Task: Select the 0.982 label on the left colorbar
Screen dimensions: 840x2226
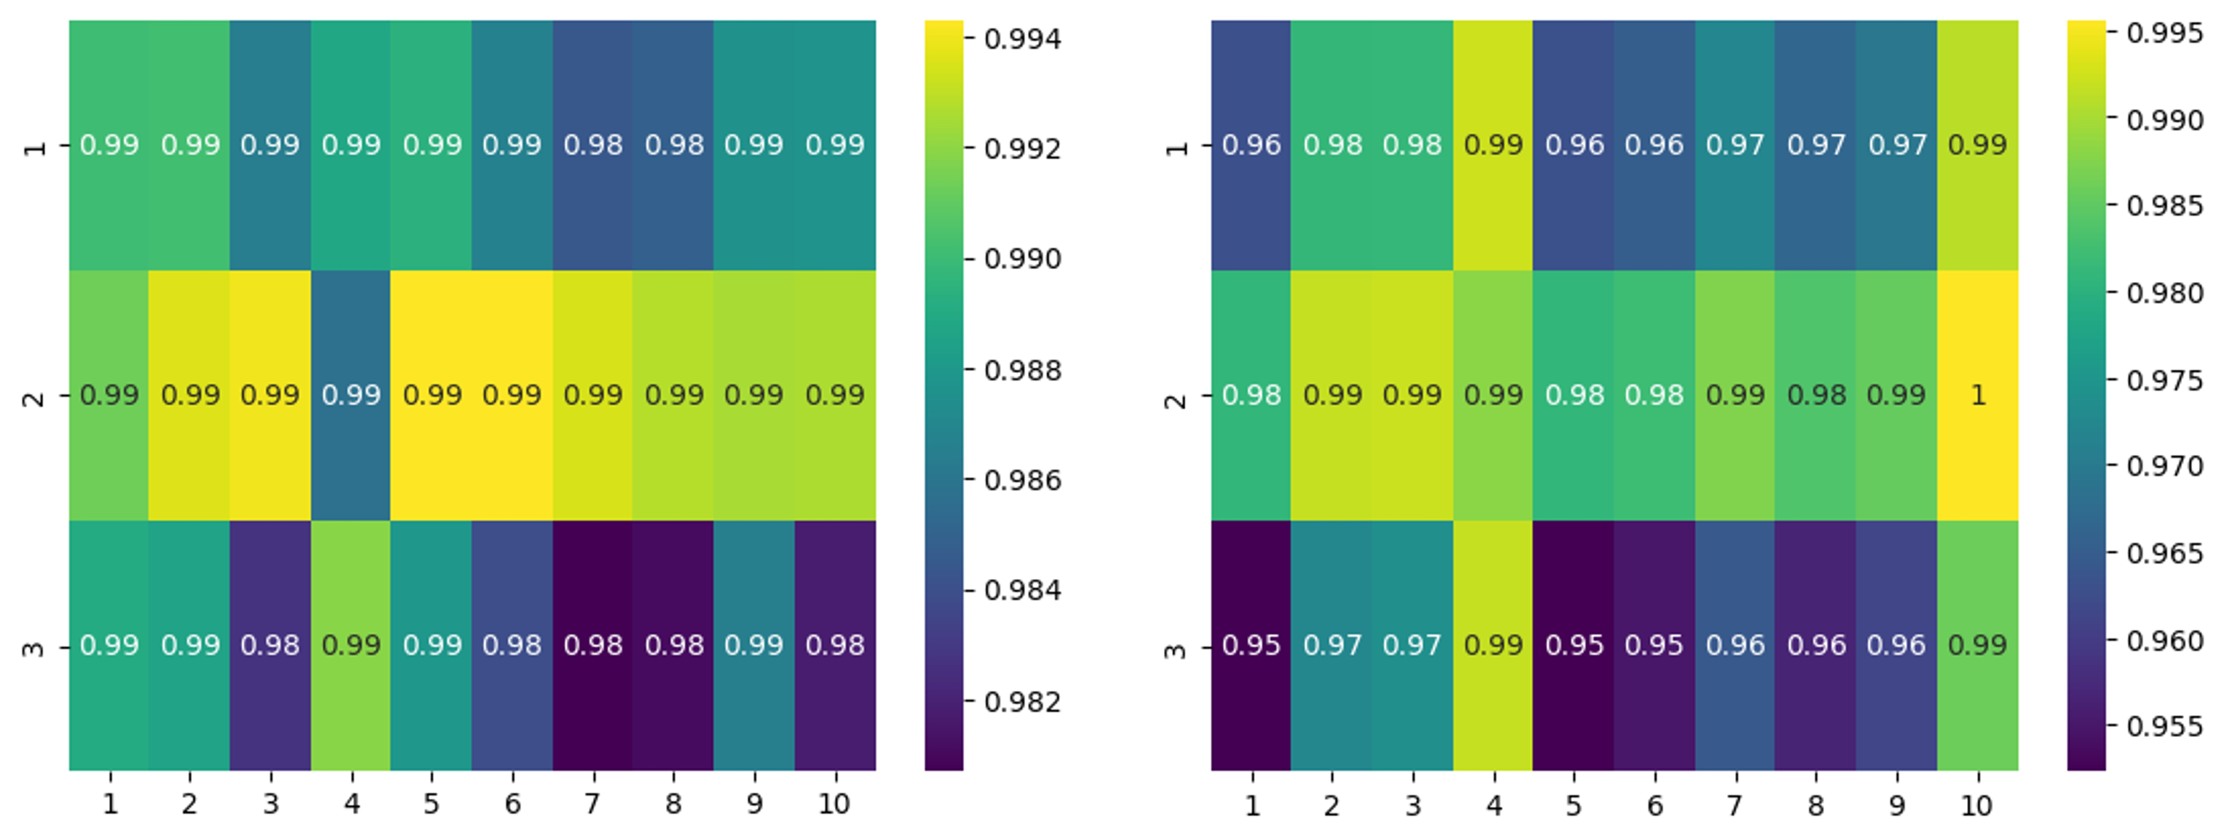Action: coord(1022,701)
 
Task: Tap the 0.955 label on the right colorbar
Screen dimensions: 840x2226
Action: coord(2165,726)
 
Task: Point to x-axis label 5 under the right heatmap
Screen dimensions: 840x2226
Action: coord(1574,805)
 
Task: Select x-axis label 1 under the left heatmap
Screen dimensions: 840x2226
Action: coord(110,804)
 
